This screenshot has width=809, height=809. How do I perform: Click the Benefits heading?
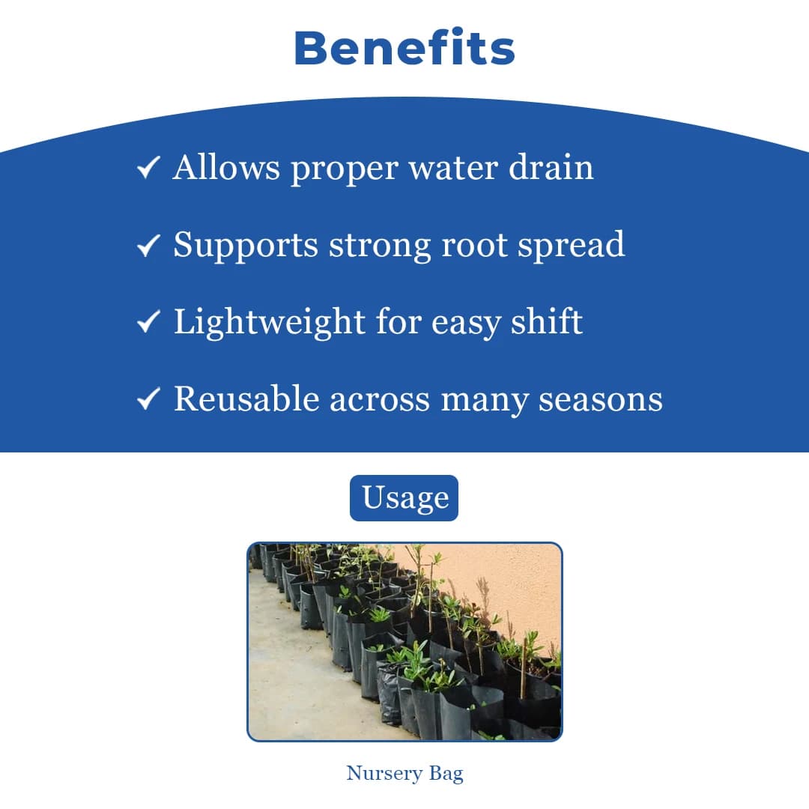[404, 49]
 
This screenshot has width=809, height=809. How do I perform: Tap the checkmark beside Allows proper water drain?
[148, 167]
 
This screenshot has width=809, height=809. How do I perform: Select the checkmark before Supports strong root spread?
[148, 244]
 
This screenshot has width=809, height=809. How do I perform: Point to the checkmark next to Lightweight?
[148, 321]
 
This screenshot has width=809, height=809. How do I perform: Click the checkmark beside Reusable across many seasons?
[148, 399]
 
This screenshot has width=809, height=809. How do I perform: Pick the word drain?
[551, 167]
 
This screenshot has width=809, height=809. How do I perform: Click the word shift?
[547, 321]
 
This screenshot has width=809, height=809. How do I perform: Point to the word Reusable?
[246, 399]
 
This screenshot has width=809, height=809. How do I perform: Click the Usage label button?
[404, 498]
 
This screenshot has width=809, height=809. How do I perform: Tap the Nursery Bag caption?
[404, 774]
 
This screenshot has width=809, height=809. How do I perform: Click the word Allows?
[226, 167]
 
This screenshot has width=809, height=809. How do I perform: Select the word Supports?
[246, 245]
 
